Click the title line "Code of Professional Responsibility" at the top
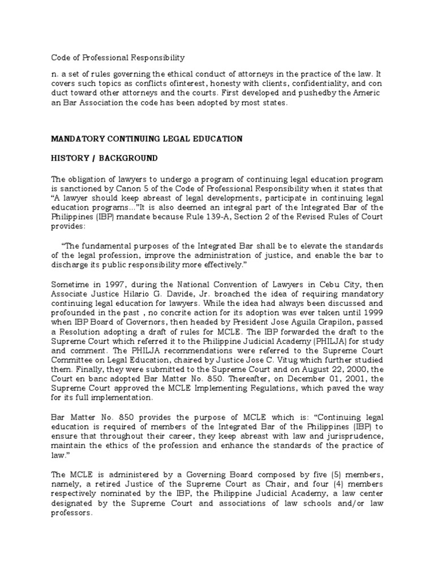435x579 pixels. (118, 58)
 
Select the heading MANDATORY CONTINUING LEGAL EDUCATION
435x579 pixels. (147, 139)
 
